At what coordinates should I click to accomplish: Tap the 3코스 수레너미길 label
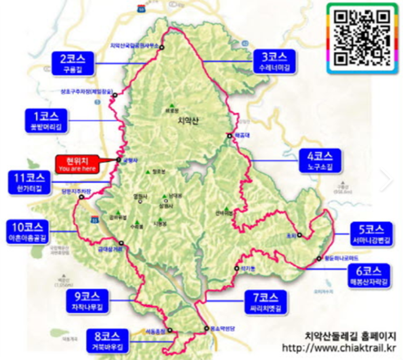pyautogui.click(x=272, y=62)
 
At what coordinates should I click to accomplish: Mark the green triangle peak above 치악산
pyautogui.click(x=172, y=104)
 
